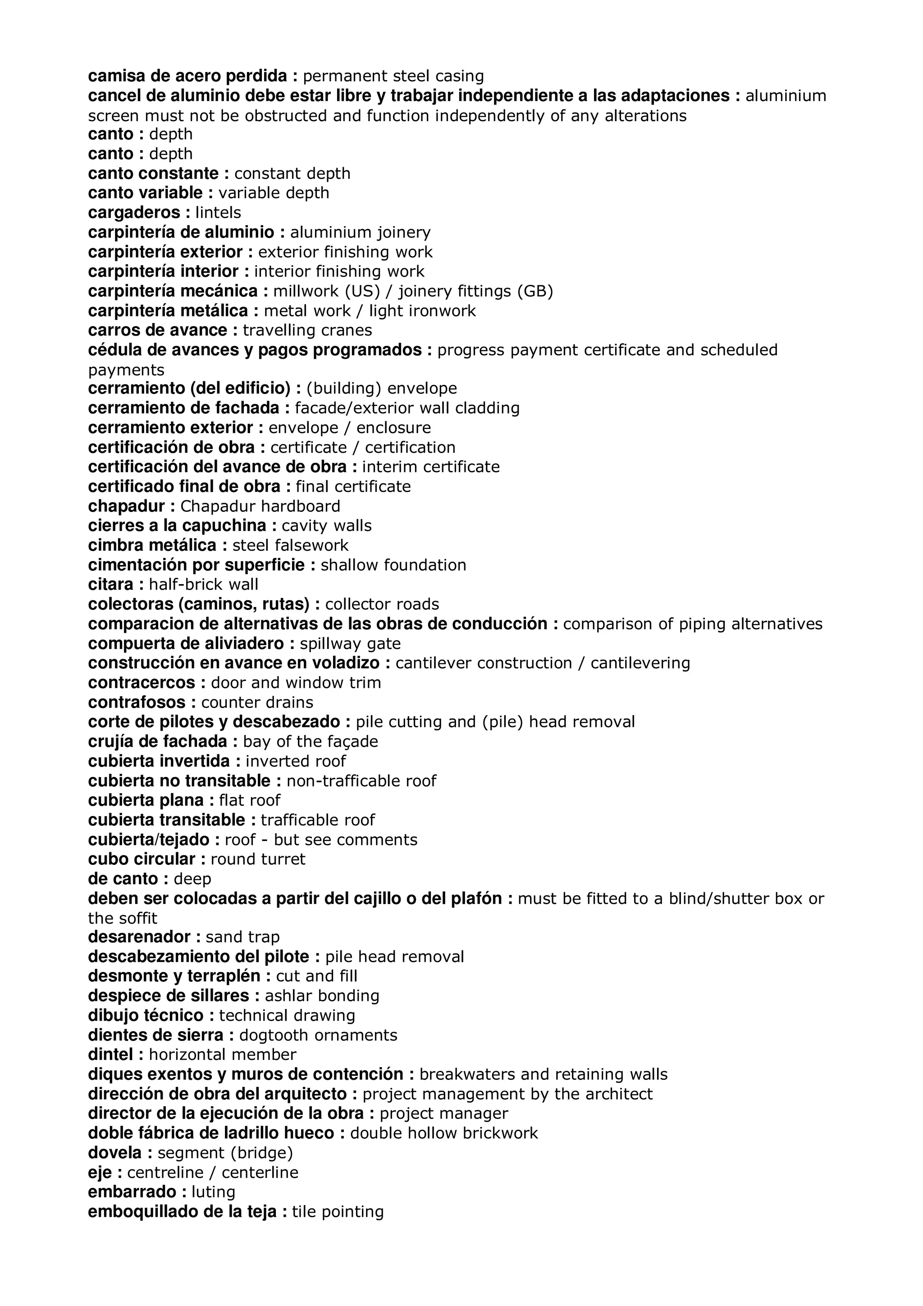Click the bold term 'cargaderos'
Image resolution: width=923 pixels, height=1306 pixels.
134,213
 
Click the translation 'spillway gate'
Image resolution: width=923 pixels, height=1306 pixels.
350,644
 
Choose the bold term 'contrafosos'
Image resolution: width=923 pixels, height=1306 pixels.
137,703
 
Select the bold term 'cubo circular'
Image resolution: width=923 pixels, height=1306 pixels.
142,859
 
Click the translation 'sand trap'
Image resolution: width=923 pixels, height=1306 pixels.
242,937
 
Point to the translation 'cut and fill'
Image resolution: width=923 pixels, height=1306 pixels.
316,976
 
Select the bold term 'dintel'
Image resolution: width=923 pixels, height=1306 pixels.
111,1055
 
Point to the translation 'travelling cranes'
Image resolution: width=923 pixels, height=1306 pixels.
307,330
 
